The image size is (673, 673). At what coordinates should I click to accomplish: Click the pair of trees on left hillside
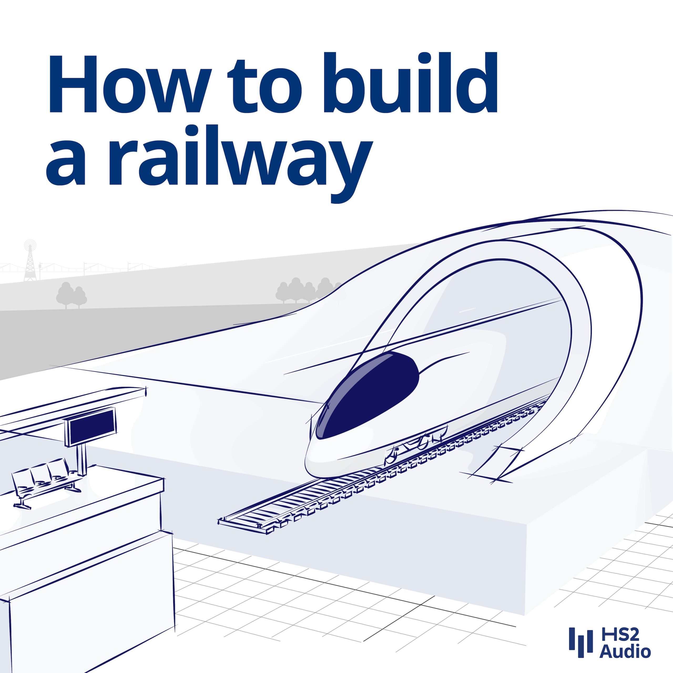[72, 295]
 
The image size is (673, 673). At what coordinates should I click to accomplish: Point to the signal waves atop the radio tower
[30, 244]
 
